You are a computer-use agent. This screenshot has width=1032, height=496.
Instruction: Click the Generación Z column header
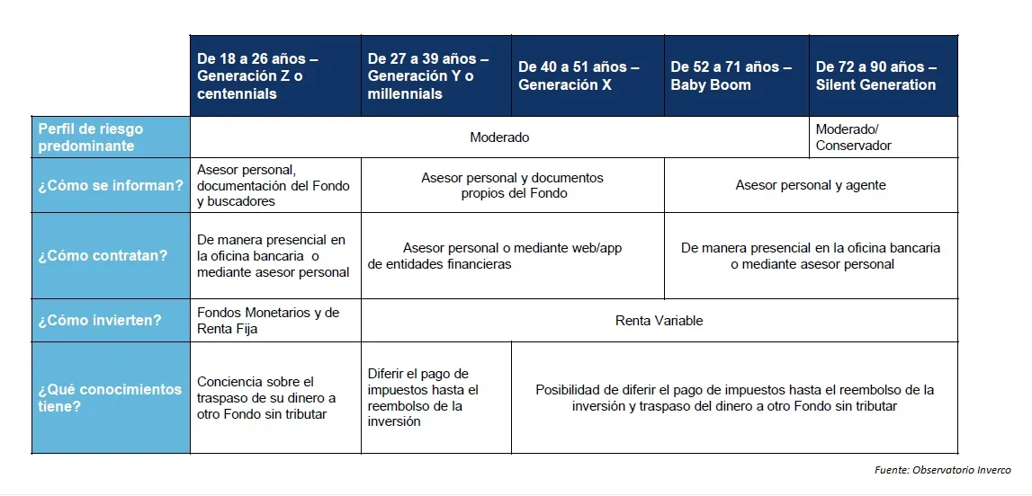275,76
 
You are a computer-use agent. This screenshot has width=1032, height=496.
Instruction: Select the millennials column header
435,76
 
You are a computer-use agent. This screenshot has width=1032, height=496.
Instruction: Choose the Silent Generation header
883,76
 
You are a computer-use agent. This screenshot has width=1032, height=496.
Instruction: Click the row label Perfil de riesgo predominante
111,137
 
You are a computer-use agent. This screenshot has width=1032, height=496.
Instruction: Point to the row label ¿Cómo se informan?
111,186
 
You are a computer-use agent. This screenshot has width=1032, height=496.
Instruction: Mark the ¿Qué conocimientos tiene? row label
111,398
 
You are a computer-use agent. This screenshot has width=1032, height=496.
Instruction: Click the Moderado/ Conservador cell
883,137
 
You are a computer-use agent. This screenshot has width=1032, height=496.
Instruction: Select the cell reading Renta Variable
659,321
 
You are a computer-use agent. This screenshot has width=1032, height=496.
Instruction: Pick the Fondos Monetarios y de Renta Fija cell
275,321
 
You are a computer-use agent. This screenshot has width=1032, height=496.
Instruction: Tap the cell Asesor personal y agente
811,186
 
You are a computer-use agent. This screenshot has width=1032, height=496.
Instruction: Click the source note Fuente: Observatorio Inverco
942,470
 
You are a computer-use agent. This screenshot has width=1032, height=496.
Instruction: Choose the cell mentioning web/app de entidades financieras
512,256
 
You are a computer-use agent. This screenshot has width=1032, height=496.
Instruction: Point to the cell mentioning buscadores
275,186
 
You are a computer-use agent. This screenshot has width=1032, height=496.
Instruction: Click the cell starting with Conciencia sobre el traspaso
275,398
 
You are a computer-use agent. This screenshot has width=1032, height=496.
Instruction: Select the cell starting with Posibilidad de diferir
734,398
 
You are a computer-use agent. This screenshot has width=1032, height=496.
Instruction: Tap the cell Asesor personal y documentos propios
512,186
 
